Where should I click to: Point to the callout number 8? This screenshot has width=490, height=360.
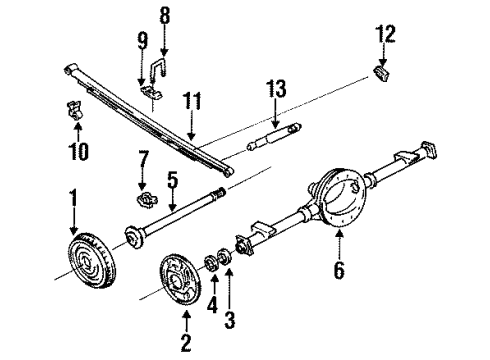coord(166,17)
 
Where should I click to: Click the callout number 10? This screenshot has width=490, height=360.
coord(78,152)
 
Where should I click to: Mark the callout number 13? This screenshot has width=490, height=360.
coord(271,95)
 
